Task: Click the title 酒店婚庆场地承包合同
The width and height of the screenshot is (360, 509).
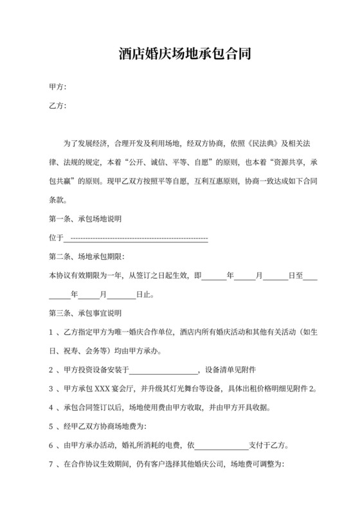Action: (180, 53)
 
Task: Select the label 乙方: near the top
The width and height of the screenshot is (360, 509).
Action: (58, 105)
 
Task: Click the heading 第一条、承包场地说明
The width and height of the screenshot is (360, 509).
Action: (85, 219)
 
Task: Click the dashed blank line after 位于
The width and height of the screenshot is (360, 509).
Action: (136, 238)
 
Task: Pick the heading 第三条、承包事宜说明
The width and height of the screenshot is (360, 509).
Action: (85, 314)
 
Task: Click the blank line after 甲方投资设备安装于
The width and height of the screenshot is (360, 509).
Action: (165, 371)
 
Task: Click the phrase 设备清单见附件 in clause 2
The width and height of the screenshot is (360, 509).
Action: (230, 370)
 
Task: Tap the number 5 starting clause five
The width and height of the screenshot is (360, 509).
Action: (51, 426)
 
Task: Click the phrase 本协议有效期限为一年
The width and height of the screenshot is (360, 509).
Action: (84, 276)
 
